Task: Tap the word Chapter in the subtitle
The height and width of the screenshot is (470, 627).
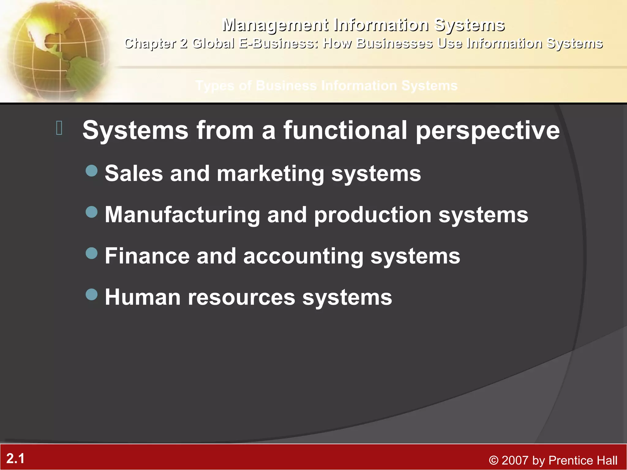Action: (150, 44)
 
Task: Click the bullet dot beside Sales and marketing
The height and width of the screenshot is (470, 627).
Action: (92, 171)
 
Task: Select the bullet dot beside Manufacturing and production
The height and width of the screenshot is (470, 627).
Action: (92, 212)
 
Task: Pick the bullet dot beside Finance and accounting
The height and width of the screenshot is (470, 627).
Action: (92, 253)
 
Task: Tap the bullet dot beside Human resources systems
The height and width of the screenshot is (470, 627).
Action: (92, 294)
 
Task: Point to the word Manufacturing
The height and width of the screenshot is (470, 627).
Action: (182, 215)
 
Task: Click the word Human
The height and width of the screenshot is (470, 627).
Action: (143, 297)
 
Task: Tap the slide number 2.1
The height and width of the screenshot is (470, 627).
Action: (15, 459)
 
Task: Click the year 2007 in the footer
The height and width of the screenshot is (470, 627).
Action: (515, 461)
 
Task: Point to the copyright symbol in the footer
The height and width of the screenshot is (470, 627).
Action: (493, 461)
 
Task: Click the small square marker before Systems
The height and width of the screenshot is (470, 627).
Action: (59, 128)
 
